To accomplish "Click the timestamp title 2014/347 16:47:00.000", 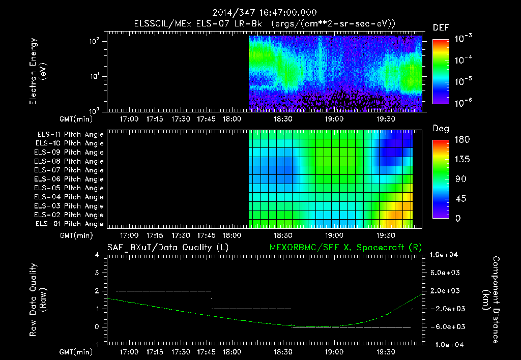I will tap(260, 12).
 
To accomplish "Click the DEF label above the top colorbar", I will tap(441, 27).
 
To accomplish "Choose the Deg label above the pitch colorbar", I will tap(441, 129).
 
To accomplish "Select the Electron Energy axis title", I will tap(38, 74).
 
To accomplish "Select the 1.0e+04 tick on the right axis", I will tap(446, 255).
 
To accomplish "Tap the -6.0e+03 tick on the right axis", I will tap(446, 326).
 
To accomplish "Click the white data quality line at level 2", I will tap(163, 291).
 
